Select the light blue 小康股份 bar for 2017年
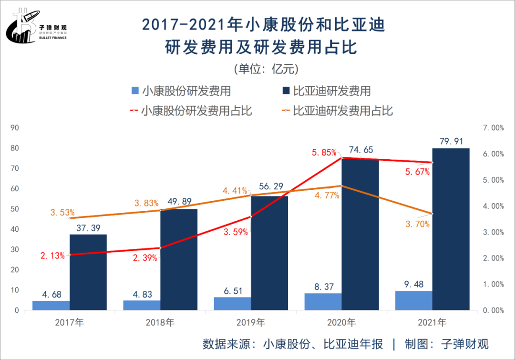pyautogui.click(x=51, y=305)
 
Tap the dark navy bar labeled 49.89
pyautogui.click(x=179, y=259)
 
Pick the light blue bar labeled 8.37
pyautogui.click(x=323, y=301)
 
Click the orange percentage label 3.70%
pyautogui.click(x=417, y=224)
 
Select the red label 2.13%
pyautogui.click(x=52, y=256)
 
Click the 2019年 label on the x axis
pyautogui.click(x=251, y=323)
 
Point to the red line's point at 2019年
pyautogui.click(x=251, y=216)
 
